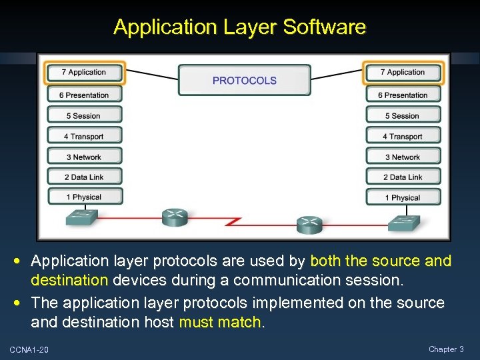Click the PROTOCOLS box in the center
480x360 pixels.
[x=244, y=80]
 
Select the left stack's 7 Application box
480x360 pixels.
[x=84, y=72]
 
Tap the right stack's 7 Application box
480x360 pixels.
[x=403, y=72]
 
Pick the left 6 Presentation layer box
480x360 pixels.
[x=84, y=95]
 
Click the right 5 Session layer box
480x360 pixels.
[x=403, y=115]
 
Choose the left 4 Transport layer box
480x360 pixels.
[x=84, y=136]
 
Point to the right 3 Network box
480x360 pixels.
[x=403, y=157]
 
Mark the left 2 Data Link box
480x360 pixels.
[x=84, y=177]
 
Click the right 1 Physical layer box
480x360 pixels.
[x=403, y=197]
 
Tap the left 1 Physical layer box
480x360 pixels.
[x=84, y=197]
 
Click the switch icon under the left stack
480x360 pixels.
[x=82, y=217]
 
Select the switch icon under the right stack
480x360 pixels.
[x=405, y=223]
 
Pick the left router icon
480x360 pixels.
[x=175, y=217]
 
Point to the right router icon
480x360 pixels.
[x=309, y=225]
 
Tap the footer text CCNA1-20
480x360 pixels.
[x=29, y=349]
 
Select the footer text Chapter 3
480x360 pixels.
[x=446, y=349]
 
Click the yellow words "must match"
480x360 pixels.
[x=221, y=323]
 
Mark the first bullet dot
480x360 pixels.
[x=23, y=261]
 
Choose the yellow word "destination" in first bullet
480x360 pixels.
[x=70, y=281]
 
